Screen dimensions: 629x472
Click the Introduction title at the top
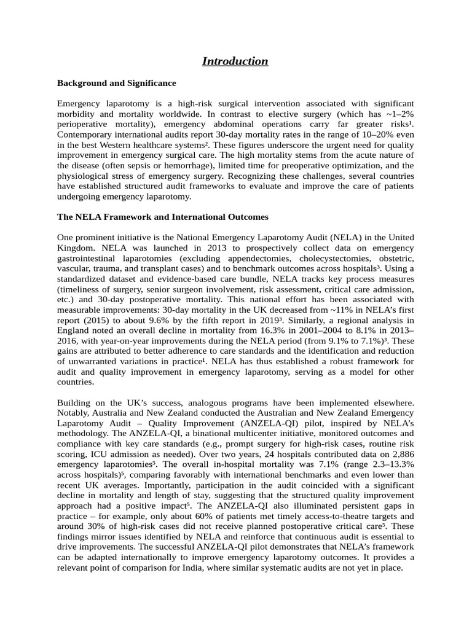tap(235, 61)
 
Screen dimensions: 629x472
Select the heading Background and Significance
tap(116, 82)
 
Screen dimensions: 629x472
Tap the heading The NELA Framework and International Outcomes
tap(162, 217)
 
